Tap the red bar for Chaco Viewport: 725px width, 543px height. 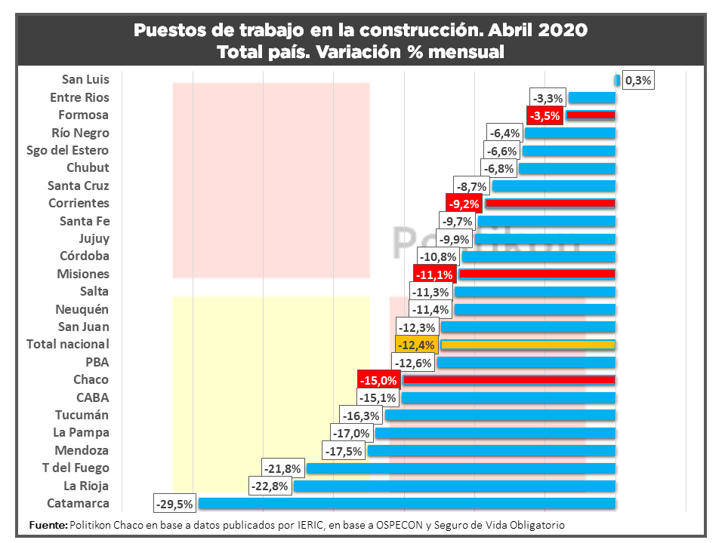tap(509, 379)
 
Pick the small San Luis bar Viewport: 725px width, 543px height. tap(617, 80)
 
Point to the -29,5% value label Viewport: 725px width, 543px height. tap(174, 504)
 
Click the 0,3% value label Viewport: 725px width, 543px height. tap(638, 80)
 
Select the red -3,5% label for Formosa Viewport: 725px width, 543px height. tap(545, 115)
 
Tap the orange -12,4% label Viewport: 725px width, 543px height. tap(415, 345)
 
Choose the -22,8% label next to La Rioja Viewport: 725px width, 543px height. tap(270, 486)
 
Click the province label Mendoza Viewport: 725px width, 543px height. tap(82, 450)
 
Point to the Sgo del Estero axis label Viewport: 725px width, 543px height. tap(67, 150)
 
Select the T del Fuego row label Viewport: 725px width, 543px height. tap(76, 468)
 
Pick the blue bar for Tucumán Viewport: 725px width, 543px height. tap(500, 415)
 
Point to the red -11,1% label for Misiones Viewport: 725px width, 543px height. tap(434, 274)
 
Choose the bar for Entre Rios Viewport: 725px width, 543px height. tap(592, 97)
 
